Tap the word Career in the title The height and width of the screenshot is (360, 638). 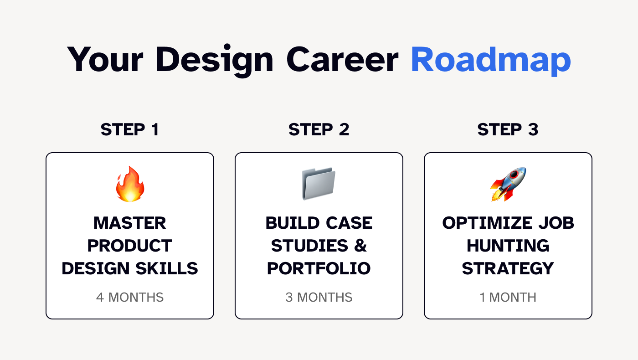[x=342, y=60]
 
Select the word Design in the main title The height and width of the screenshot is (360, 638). [x=215, y=60]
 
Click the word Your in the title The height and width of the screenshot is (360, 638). [x=105, y=60]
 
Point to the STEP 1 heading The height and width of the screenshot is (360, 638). [x=130, y=129]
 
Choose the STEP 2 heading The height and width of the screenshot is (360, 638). [x=319, y=129]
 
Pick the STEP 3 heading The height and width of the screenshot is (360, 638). [x=508, y=129]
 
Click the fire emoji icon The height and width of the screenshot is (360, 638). [x=130, y=184]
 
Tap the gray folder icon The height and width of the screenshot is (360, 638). [x=319, y=184]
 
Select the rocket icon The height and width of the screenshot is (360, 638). [x=508, y=184]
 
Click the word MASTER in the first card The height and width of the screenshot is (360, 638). [x=129, y=223]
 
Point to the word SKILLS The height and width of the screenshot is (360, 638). [x=167, y=268]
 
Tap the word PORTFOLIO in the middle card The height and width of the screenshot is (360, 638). [x=319, y=268]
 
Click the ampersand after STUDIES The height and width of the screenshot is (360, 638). [x=360, y=246]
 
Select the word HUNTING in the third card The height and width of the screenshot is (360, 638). [x=508, y=246]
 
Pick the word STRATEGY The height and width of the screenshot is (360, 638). [x=508, y=268]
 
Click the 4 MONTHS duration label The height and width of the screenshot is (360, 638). [x=130, y=297]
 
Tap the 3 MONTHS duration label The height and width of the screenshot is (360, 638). [x=319, y=297]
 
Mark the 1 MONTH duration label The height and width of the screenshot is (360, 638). [x=508, y=297]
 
